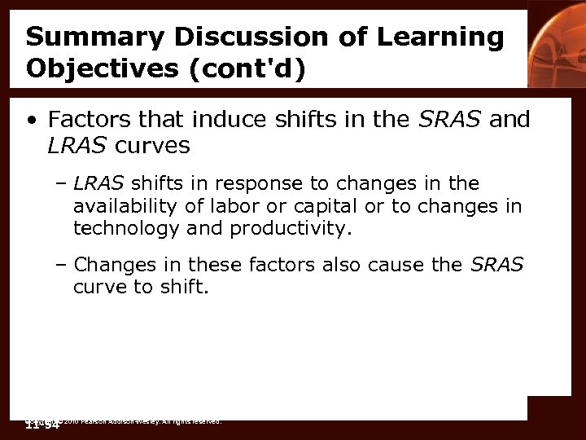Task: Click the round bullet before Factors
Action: [31, 121]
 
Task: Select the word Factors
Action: [88, 120]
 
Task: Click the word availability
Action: [125, 206]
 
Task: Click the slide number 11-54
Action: [43, 425]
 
